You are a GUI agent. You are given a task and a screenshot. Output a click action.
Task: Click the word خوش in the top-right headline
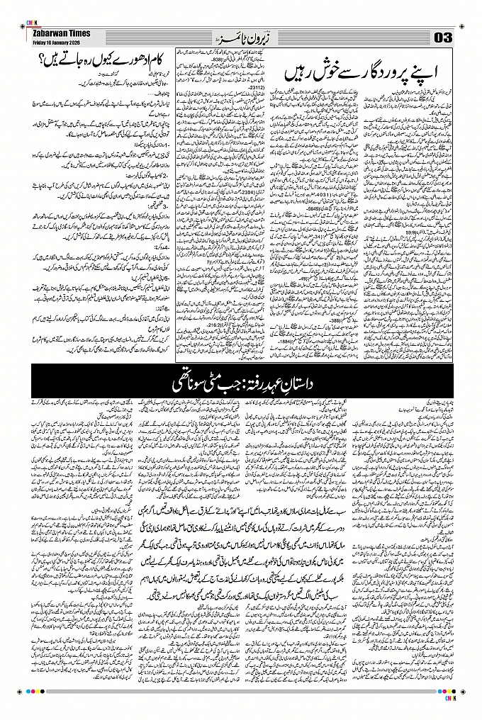(319, 72)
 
